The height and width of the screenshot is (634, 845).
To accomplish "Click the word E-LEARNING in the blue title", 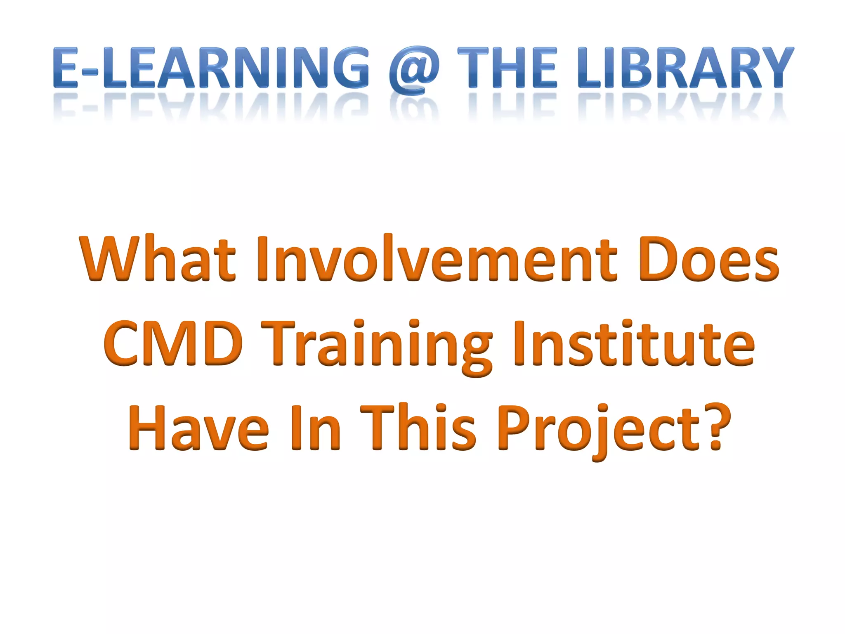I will click(211, 68).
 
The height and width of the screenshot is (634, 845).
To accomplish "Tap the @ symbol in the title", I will click(414, 70).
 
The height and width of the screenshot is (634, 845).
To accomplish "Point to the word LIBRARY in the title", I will click(684, 68).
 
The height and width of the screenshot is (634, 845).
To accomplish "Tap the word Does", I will click(709, 260).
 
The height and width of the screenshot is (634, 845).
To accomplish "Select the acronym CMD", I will click(173, 343).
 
